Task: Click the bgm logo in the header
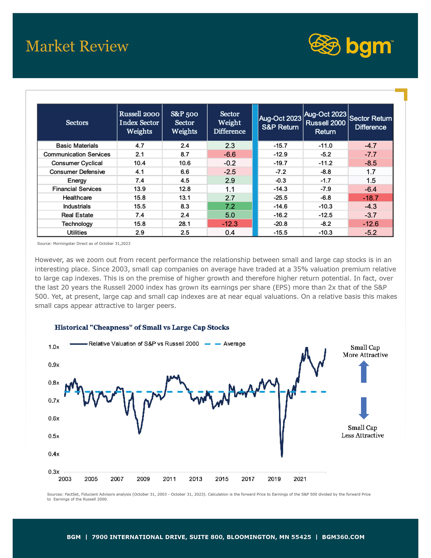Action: coord(351,45)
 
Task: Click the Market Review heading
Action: coord(77,46)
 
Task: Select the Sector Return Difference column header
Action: coord(370,123)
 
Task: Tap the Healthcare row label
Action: coord(77,198)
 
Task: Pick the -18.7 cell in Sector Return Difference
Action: coord(370,198)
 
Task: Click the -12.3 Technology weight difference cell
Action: coord(230,224)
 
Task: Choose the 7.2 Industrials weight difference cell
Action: coord(230,206)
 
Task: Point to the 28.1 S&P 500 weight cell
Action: coord(185,224)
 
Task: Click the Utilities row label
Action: coord(77,232)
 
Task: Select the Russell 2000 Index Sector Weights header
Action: coord(139,123)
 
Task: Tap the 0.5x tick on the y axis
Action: coord(54,436)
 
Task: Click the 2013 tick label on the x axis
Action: coord(196,479)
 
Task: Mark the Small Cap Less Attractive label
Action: coord(363,432)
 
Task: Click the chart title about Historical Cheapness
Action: coord(142,328)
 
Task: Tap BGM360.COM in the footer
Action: coord(343,537)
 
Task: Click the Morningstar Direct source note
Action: coord(84,243)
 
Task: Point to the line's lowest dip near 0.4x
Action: coord(282,456)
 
